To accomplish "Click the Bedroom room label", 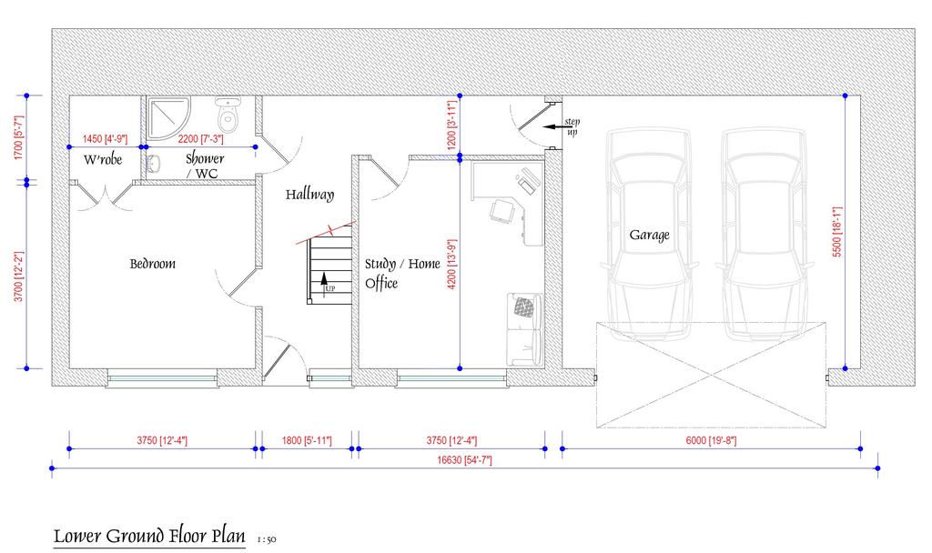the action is (x=153, y=264).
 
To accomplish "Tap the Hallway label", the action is (x=309, y=195).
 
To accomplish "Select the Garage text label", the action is (x=649, y=236).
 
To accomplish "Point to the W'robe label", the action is (x=103, y=159).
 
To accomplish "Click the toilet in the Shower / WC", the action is (x=227, y=115).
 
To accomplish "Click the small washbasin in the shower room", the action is (x=152, y=164).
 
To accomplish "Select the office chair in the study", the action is (x=502, y=211).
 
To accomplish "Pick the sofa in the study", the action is (x=525, y=329).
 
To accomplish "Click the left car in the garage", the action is (x=649, y=236).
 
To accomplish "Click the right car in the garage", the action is (x=765, y=236).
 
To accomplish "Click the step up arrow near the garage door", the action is (x=553, y=126).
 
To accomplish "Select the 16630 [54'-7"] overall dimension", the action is (x=465, y=460).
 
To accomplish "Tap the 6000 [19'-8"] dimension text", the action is (x=712, y=441).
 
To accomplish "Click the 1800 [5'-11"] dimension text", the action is (x=307, y=441).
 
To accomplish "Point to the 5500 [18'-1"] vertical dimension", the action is (x=837, y=232).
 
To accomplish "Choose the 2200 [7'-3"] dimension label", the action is (x=201, y=139).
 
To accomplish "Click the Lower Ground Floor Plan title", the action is (x=149, y=536).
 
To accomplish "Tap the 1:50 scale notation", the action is (x=267, y=540).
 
